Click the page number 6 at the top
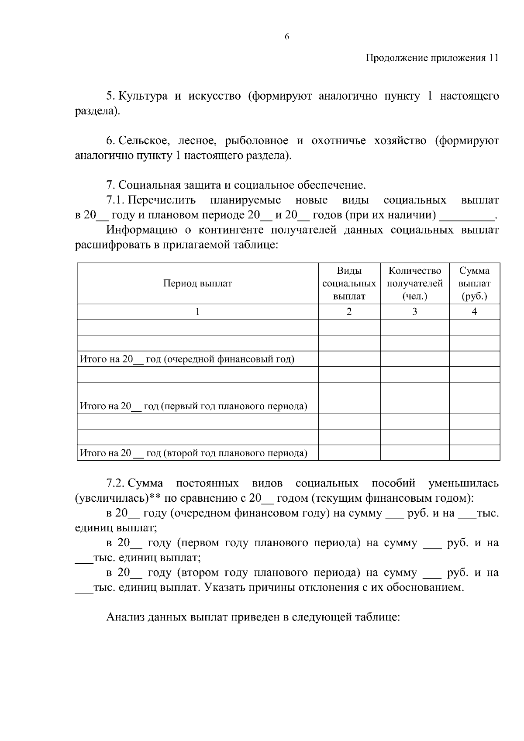[x=287, y=37]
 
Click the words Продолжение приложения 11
[x=431, y=58]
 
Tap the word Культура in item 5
[x=143, y=96]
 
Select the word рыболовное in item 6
[x=257, y=141]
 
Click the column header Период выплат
[x=197, y=283]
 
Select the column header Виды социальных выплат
[x=349, y=283]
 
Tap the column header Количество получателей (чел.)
[x=414, y=283]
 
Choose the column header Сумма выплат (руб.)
[x=474, y=283]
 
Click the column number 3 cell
[x=414, y=311]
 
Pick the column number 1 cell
[x=197, y=311]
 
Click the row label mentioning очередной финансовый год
[x=187, y=359]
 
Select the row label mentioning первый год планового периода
[x=193, y=406]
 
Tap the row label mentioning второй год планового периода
[x=193, y=453]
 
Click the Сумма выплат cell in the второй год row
[x=474, y=453]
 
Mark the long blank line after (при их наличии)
[x=466, y=216]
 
